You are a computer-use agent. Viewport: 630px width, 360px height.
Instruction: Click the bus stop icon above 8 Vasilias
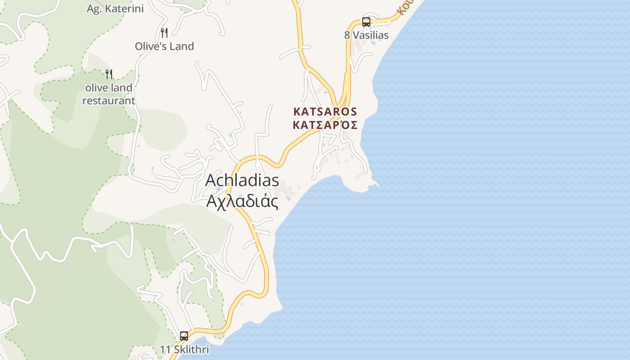[366, 22]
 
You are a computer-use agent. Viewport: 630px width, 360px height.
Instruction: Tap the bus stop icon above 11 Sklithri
[184, 336]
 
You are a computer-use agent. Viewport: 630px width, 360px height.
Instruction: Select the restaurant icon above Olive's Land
[164, 32]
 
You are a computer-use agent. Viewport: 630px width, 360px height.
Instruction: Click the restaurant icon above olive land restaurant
[108, 74]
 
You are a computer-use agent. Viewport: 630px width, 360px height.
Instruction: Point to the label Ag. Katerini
[115, 8]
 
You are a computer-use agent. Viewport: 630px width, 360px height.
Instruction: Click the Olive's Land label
[164, 46]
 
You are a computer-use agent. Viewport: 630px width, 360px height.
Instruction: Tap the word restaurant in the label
[108, 100]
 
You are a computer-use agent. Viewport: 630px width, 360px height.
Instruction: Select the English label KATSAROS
[325, 112]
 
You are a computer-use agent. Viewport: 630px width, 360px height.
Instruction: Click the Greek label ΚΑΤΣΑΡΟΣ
[325, 125]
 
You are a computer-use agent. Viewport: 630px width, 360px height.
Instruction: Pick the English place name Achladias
[242, 180]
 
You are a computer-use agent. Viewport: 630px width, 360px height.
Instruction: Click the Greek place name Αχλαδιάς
[242, 201]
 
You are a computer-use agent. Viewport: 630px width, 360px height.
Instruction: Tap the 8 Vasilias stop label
[366, 35]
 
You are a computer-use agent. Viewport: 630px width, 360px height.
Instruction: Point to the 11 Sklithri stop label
[184, 349]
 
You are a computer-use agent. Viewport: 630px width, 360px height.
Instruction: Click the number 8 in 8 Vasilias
[347, 35]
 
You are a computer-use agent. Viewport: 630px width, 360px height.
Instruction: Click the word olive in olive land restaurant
[95, 88]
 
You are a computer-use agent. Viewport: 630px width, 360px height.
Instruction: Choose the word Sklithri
[191, 349]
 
